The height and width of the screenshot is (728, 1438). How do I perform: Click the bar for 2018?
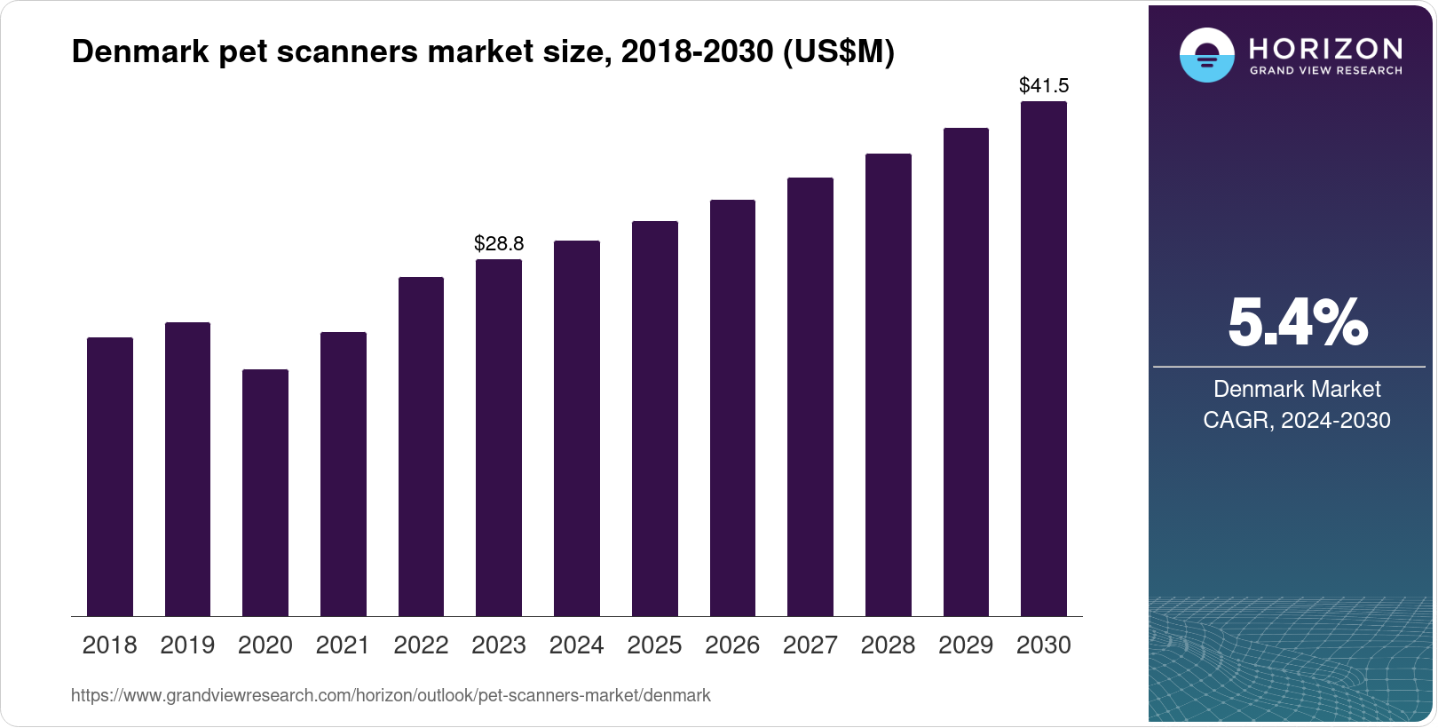click(x=110, y=477)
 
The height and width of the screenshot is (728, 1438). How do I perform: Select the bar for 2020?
click(x=265, y=493)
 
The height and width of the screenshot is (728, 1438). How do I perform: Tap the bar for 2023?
click(x=499, y=438)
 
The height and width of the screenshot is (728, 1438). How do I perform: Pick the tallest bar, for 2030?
click(x=1044, y=359)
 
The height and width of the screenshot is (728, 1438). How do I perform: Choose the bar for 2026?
click(x=732, y=408)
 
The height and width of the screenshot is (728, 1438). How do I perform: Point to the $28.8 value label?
click(x=499, y=243)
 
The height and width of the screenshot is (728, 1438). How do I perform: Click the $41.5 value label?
click(x=1044, y=86)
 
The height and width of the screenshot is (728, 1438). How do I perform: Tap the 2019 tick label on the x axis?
click(x=187, y=645)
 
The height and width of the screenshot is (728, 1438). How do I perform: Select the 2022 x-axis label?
click(x=421, y=645)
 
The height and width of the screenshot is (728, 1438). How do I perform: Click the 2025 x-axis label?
click(x=654, y=645)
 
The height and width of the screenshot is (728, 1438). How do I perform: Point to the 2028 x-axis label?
click(x=888, y=645)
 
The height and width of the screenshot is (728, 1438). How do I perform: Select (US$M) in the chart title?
click(x=838, y=52)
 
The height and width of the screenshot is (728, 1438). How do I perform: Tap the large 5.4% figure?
click(x=1297, y=322)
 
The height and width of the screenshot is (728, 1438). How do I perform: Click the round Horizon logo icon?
click(x=1206, y=55)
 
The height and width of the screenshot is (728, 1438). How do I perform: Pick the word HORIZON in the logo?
click(x=1326, y=48)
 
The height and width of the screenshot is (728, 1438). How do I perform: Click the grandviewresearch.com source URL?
click(x=391, y=696)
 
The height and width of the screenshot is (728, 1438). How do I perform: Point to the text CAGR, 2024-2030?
click(x=1297, y=420)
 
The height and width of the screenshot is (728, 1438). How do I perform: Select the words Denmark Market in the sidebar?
click(x=1297, y=389)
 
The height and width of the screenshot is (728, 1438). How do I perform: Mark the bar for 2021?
click(x=344, y=474)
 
